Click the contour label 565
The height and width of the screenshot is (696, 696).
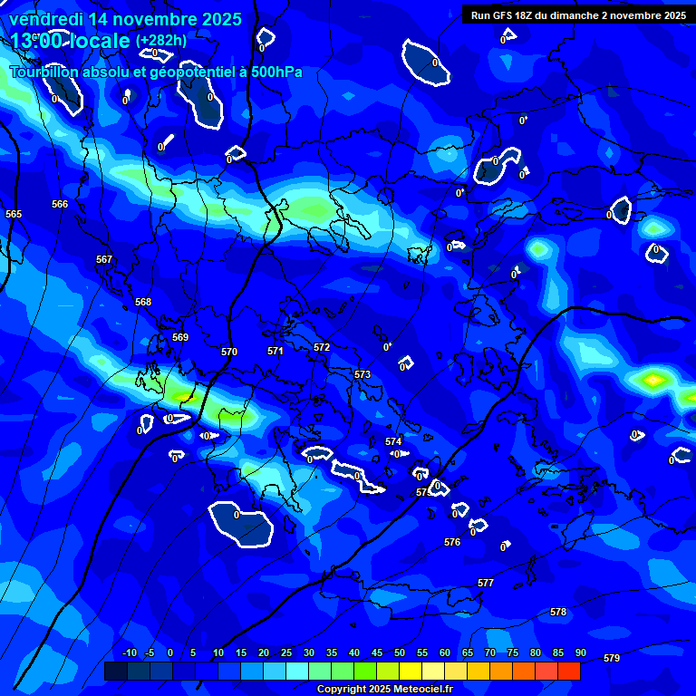[14, 215]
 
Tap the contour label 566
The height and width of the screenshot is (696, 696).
[60, 205]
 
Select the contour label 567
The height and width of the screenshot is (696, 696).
[104, 260]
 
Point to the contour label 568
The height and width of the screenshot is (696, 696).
[143, 303]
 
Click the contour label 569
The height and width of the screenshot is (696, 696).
[180, 338]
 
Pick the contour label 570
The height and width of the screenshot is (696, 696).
[229, 353]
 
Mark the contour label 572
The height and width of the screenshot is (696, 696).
[322, 348]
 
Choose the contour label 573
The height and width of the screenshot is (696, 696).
[362, 375]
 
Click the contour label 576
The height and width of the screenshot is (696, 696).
[452, 543]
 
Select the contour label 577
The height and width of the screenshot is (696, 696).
[486, 584]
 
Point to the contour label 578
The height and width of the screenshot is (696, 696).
[558, 613]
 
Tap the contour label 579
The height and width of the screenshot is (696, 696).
[612, 659]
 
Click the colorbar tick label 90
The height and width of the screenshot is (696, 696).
[580, 653]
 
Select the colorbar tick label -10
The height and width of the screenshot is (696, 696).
[130, 653]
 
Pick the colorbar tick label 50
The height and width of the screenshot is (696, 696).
[400, 653]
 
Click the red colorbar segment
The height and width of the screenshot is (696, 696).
[568, 671]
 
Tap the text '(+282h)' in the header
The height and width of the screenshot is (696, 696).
[161, 41]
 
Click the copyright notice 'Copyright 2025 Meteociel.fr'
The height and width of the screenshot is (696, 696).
[384, 690]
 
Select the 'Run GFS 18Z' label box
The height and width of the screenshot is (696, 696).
[578, 15]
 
